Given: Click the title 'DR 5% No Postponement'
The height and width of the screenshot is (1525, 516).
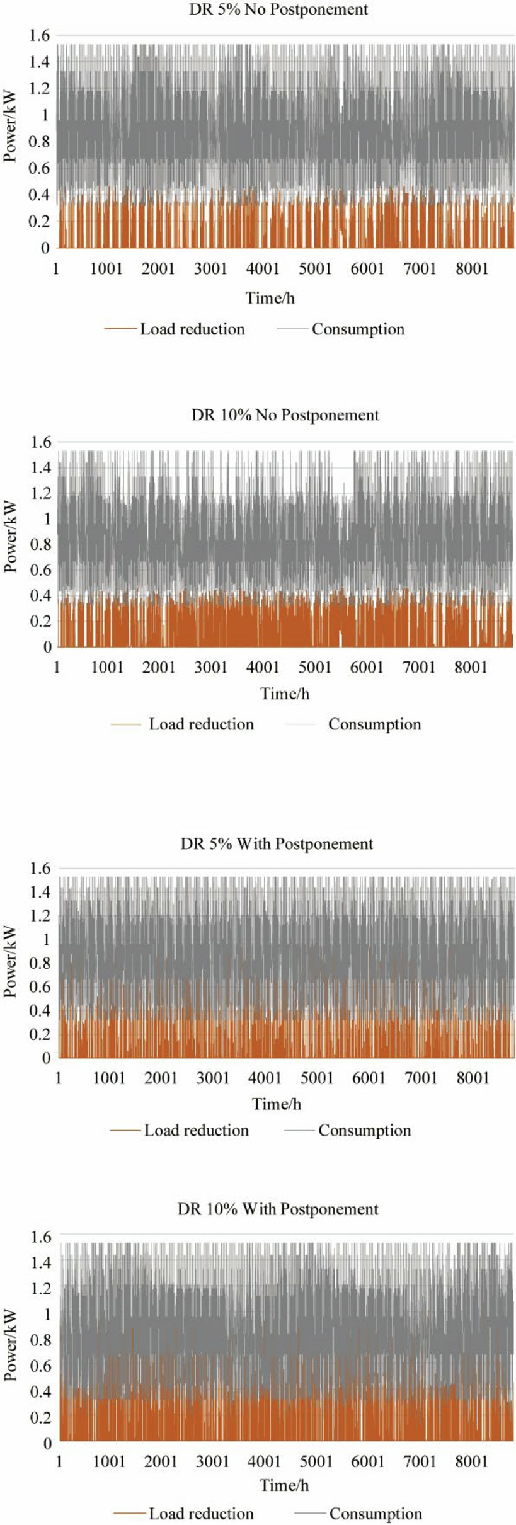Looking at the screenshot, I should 278,10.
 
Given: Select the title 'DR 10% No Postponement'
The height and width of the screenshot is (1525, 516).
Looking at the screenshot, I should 285,415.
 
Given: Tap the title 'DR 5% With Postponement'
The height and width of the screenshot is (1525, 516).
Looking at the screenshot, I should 277,843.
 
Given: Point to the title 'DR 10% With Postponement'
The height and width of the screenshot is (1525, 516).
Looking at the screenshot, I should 278,1209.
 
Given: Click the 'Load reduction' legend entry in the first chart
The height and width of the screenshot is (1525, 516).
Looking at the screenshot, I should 192,329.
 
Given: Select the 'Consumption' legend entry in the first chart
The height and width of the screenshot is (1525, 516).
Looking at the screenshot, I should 358,329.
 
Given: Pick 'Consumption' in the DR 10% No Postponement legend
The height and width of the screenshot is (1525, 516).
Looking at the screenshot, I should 374,724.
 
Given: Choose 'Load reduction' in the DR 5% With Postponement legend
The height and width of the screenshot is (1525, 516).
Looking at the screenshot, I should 197,1130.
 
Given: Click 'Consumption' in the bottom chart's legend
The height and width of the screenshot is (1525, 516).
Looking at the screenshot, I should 376,1513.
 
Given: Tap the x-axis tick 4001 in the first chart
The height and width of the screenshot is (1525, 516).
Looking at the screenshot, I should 263,269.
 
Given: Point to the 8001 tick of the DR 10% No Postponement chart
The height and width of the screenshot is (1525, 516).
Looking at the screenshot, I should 471,667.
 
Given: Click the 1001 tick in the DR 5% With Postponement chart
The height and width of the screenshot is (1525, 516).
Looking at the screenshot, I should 109,1078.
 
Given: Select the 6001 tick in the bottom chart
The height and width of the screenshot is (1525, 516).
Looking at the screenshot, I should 368,1461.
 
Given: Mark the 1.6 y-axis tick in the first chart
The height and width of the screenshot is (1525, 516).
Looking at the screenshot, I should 39,35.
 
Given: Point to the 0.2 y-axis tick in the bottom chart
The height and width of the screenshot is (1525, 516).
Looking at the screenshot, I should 40,1417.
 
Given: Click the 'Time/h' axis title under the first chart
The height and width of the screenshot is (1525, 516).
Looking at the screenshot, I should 270,297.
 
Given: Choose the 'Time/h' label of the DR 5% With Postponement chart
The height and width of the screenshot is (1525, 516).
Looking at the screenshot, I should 277,1104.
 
